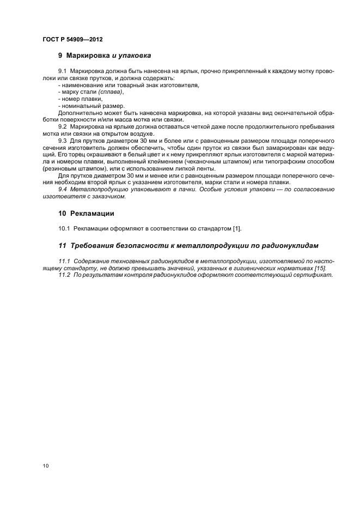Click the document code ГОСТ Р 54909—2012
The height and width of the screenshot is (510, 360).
pos(72,39)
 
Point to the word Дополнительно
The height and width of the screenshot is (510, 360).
pos(77,113)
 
